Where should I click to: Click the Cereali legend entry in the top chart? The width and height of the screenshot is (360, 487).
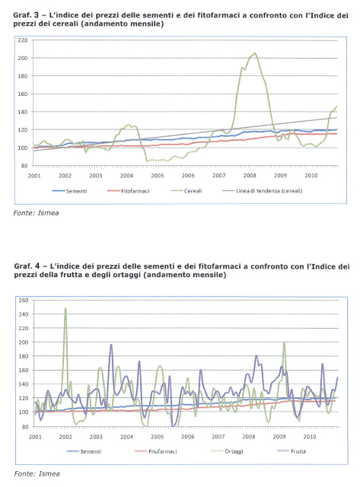[x=186, y=191]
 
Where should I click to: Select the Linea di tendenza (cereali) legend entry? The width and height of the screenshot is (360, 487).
[x=263, y=191]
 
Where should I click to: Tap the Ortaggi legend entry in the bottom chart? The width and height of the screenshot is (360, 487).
[x=227, y=451]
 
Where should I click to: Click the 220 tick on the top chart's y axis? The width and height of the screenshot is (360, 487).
[x=23, y=40]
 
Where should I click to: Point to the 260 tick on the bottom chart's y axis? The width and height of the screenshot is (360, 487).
[x=24, y=301]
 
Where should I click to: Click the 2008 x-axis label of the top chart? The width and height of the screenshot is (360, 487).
[x=250, y=176]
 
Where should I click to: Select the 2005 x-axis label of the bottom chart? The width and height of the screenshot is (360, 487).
[x=158, y=437]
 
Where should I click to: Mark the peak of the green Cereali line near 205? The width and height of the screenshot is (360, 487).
[x=255, y=53]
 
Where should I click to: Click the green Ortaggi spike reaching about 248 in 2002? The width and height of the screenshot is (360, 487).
[x=65, y=308]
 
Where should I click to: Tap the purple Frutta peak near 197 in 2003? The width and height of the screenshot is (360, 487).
[x=111, y=345]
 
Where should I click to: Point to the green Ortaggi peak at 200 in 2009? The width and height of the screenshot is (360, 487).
[x=284, y=342]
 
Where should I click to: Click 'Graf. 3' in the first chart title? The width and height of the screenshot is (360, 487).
[x=27, y=15]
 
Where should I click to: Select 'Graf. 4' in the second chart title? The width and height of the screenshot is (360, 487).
[x=27, y=266]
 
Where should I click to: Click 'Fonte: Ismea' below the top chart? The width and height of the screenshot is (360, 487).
[x=36, y=213]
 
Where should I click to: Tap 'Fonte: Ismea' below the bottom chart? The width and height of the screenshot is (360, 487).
[x=37, y=473]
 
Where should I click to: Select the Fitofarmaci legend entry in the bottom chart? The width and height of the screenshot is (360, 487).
[x=156, y=451]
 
